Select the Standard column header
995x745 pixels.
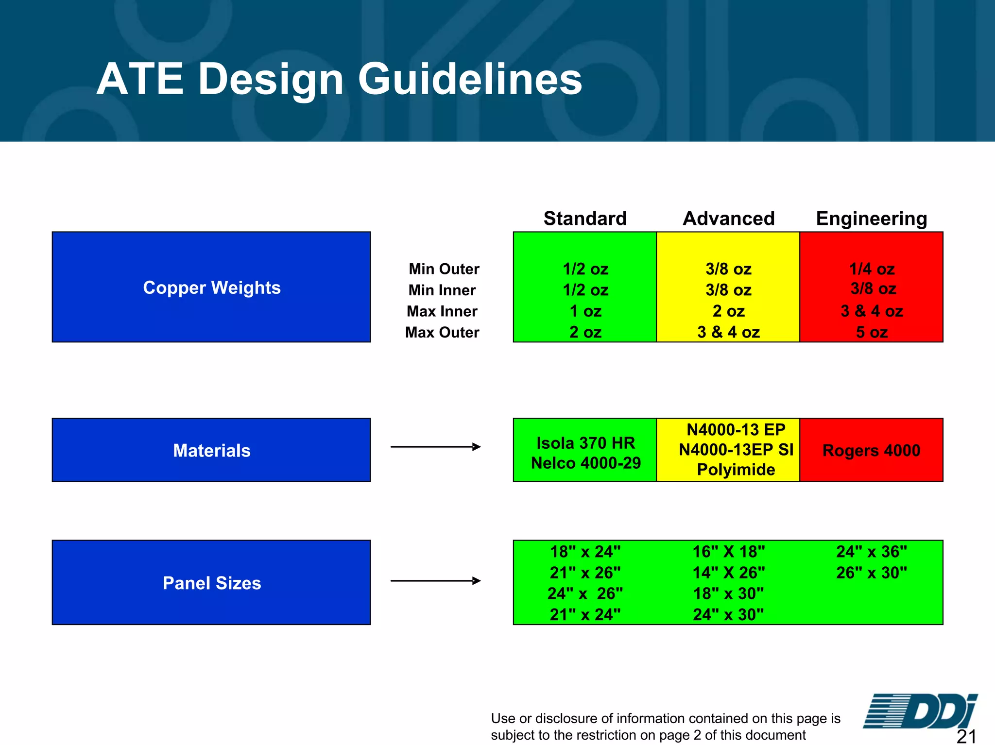click(585, 219)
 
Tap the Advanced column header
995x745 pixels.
click(728, 219)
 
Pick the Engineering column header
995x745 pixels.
click(871, 219)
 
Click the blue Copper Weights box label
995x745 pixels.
click(211, 288)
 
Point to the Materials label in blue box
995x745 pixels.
click(211, 450)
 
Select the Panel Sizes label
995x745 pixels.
click(211, 583)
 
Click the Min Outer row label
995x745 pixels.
click(444, 269)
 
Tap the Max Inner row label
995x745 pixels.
click(442, 311)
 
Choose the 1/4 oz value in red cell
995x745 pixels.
click(872, 269)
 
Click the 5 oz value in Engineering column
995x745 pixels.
click(872, 332)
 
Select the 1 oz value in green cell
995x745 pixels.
click(585, 311)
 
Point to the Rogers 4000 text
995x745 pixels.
click(871, 450)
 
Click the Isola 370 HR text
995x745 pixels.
click(585, 442)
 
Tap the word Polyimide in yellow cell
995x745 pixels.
click(736, 470)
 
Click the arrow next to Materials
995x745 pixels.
click(435, 447)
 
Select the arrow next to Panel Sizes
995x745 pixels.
click(435, 580)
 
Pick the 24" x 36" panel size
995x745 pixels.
click(871, 552)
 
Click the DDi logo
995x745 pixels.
click(920, 711)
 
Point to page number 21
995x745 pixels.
click(966, 736)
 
